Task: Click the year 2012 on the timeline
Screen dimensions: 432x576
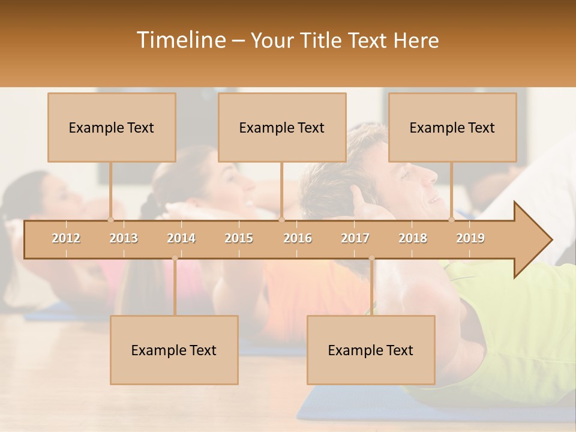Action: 66,238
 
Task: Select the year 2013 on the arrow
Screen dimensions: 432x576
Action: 124,238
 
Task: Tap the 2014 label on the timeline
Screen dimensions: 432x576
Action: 181,238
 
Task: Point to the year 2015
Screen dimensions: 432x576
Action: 239,238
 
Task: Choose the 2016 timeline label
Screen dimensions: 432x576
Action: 298,238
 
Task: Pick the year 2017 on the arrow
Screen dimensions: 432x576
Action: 355,238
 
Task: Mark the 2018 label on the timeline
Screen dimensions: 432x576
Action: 413,238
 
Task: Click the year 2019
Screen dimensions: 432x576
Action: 470,238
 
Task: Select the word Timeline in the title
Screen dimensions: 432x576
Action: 180,40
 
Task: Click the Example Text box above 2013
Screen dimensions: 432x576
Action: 112,127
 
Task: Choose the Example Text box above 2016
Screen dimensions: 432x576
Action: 282,127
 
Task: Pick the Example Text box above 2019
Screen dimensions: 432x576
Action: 452,127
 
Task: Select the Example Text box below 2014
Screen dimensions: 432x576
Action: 174,350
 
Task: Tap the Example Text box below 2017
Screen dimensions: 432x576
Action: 371,350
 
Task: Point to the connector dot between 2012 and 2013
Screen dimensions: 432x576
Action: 110,220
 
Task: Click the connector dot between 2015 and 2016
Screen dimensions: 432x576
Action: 281,220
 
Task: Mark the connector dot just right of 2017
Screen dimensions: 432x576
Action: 371,259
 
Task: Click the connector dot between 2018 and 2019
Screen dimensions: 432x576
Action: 452,220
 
